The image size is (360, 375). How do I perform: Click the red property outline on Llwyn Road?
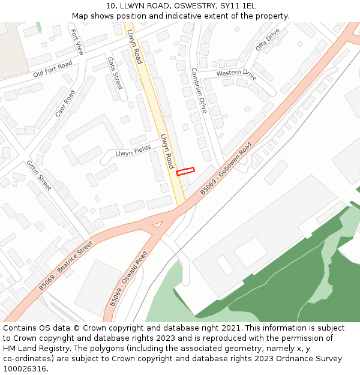point(185,172)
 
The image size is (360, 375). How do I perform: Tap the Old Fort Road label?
point(53,69)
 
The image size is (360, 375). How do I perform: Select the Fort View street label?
point(77,42)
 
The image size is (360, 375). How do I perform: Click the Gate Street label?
point(114,73)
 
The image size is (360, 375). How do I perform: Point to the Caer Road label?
point(65,104)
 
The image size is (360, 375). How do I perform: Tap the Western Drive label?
point(236,75)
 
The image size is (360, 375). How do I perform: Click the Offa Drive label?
point(268,40)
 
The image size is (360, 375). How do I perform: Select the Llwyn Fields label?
point(133,151)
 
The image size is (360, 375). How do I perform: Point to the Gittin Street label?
point(39,175)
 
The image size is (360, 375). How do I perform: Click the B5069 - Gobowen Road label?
point(226,169)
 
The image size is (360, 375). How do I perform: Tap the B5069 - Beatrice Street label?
point(66,266)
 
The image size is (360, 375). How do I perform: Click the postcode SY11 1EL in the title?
point(238,5)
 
